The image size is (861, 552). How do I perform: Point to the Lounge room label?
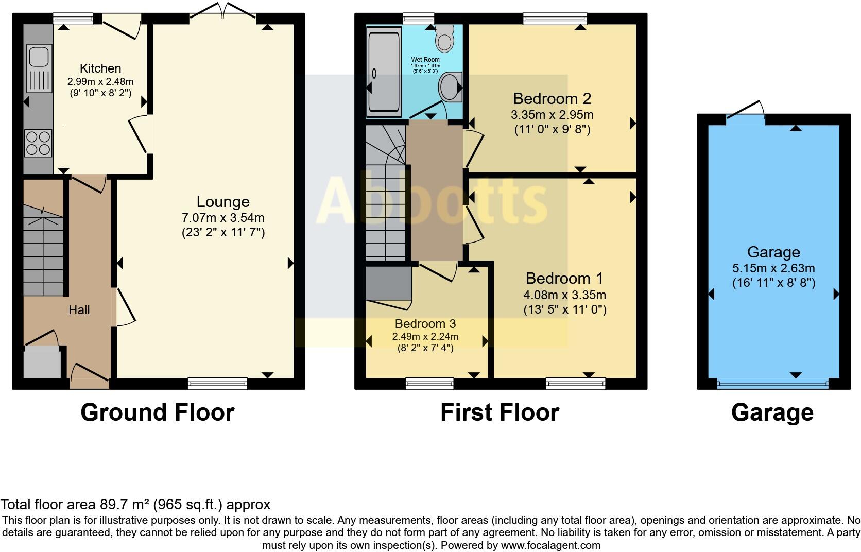point(223,202)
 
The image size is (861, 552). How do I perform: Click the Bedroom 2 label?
point(552,98)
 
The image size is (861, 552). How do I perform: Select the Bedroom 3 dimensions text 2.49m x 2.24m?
point(425,337)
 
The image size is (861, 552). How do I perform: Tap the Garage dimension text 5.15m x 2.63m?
point(773,268)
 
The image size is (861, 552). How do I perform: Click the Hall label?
point(79,310)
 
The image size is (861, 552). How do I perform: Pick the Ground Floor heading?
point(158,412)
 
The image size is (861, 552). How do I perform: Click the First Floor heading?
point(500,412)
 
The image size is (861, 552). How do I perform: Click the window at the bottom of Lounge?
point(217,383)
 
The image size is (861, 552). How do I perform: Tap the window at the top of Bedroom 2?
point(555,20)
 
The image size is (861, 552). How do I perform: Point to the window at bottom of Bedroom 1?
point(575,383)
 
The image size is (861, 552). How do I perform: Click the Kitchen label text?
point(100,68)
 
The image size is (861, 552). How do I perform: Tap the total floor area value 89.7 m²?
point(126,505)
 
